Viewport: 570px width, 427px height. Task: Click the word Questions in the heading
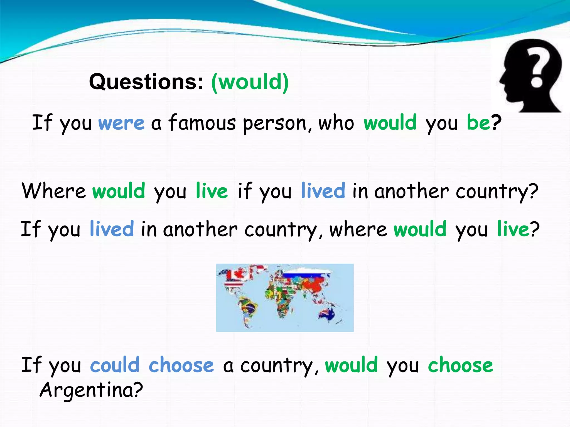146,82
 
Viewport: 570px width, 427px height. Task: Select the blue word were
121,123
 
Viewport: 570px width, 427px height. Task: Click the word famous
202,123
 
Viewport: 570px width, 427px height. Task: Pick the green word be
478,122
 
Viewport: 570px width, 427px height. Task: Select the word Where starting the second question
54,191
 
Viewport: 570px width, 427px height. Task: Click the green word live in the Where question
212,191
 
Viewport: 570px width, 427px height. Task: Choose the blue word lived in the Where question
323,191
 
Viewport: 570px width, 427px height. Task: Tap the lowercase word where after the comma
358,230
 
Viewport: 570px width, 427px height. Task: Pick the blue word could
115,365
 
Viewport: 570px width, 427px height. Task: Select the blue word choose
181,365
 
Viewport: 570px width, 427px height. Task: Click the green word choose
461,365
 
